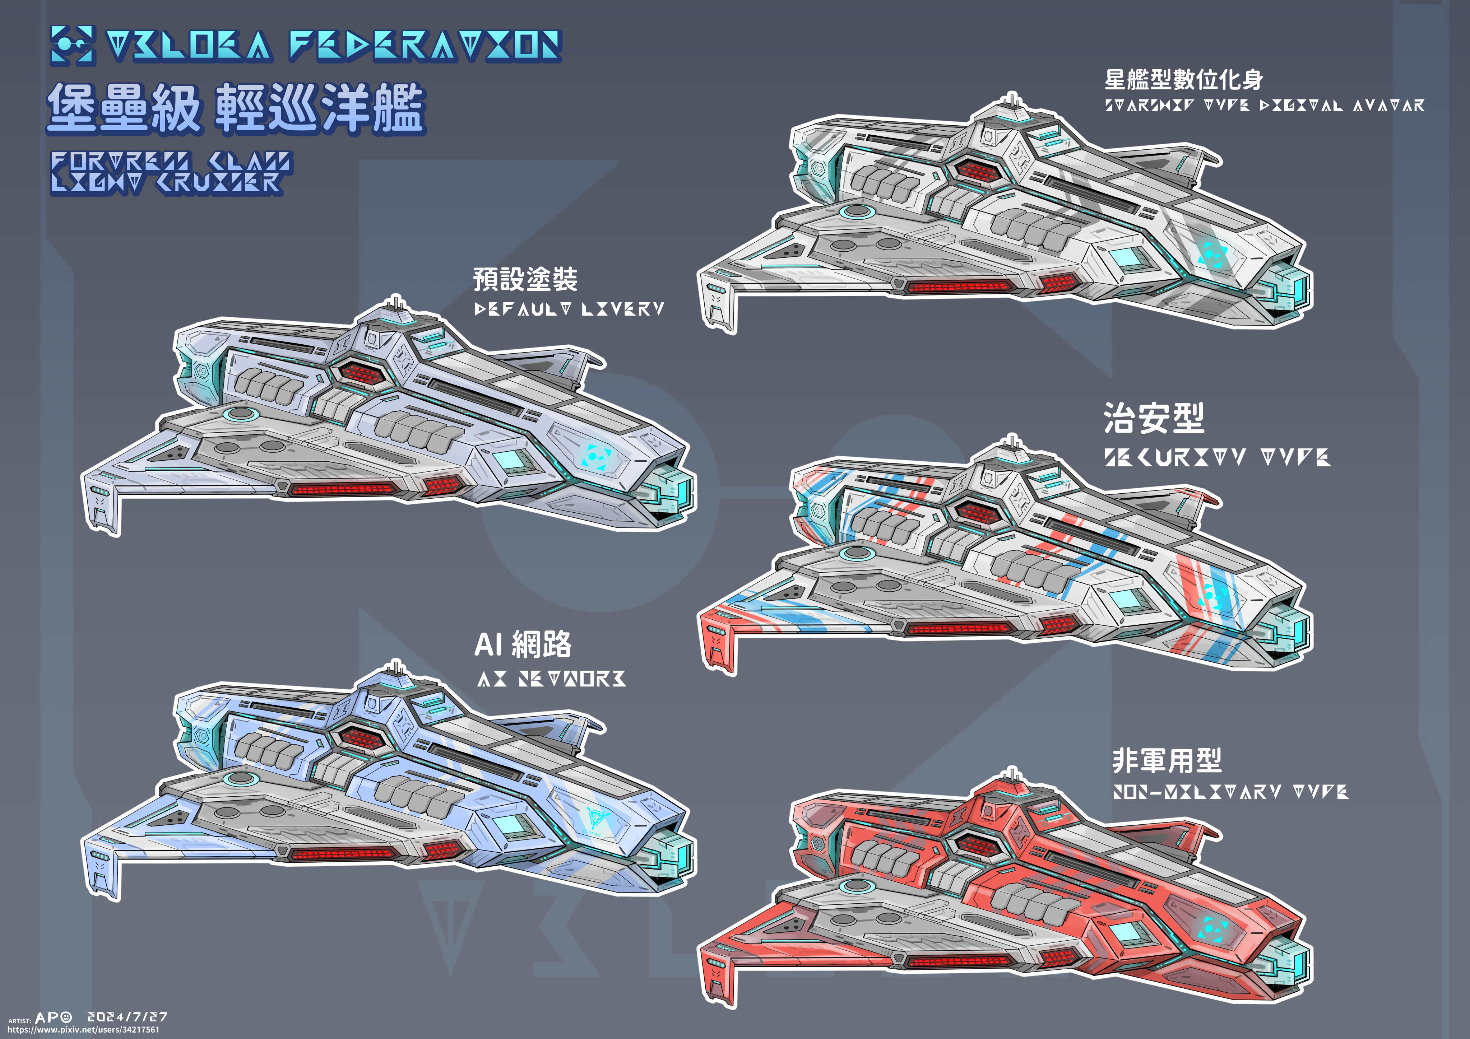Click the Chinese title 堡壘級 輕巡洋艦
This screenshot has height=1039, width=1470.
point(236,109)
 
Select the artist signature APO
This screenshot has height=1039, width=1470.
point(54,1017)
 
